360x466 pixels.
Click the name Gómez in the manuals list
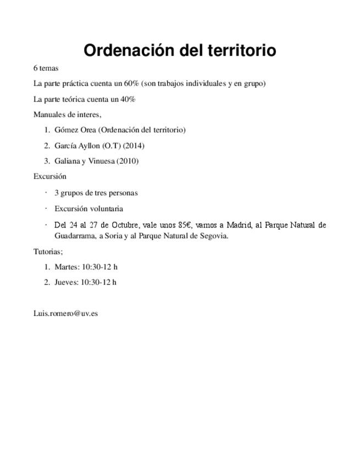click(x=65, y=130)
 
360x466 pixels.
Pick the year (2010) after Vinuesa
click(x=128, y=161)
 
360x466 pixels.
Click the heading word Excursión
click(x=49, y=176)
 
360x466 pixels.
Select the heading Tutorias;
click(x=48, y=251)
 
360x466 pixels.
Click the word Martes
click(x=66, y=267)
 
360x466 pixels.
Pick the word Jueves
click(x=66, y=282)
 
